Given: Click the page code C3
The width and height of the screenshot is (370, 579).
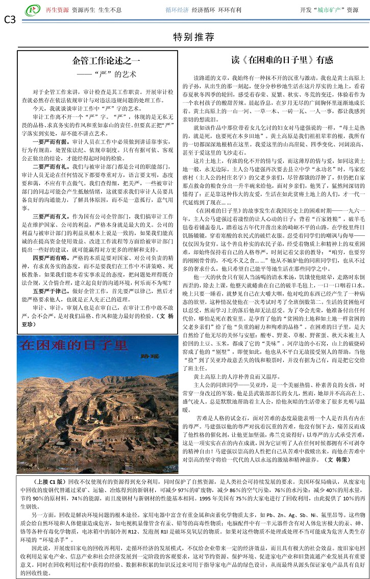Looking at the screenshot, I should point(10,20).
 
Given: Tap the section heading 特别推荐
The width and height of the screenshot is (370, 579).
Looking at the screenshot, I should point(193,37).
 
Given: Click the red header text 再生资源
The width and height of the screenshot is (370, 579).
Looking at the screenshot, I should point(57,10).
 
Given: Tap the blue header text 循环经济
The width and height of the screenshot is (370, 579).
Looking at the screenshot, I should point(178,10).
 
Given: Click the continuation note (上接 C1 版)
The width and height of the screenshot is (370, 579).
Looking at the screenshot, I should point(48,481).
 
